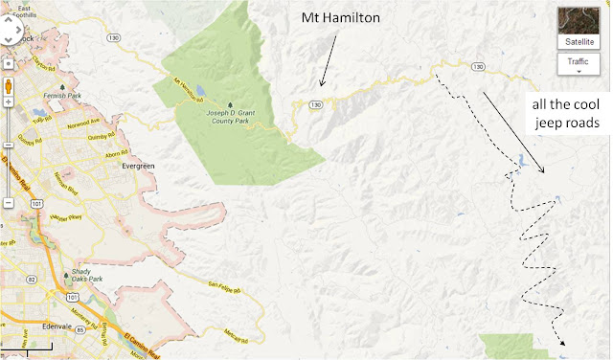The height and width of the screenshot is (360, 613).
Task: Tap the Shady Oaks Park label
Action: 89,280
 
